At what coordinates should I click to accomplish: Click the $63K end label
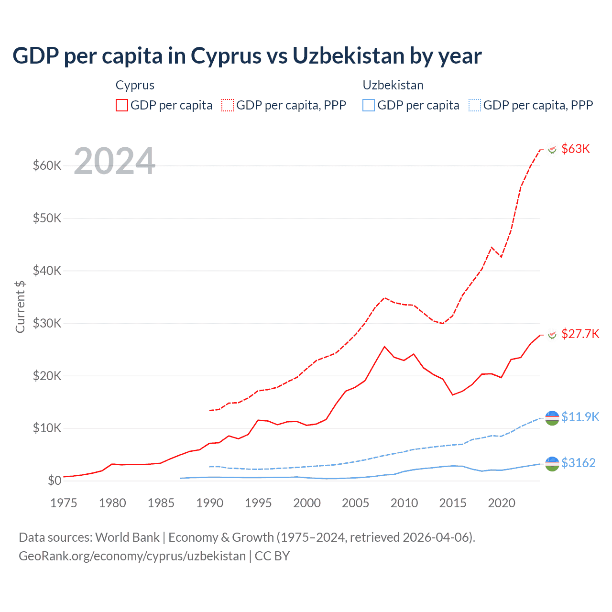pyautogui.click(x=576, y=149)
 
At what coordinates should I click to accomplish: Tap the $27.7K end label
pyautogui.click(x=580, y=334)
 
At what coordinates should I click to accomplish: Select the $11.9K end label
pyautogui.click(x=580, y=417)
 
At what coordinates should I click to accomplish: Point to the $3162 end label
pyautogui.click(x=578, y=463)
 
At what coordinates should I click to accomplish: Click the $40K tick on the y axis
pyautogui.click(x=47, y=271)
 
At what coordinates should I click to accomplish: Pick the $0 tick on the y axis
pyautogui.click(x=55, y=481)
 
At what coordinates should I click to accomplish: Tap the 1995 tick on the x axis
pyautogui.click(x=258, y=503)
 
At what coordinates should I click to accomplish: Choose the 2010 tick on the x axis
pyautogui.click(x=404, y=503)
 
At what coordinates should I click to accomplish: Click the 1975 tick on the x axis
pyautogui.click(x=64, y=503)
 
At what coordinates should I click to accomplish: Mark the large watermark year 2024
pyautogui.click(x=115, y=161)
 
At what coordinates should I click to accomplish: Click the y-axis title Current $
pyautogui.click(x=20, y=306)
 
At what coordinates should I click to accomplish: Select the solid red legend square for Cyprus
pyautogui.click(x=122, y=105)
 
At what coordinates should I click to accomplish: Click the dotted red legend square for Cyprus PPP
pyautogui.click(x=228, y=105)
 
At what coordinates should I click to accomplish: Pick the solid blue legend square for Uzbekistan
pyautogui.click(x=369, y=105)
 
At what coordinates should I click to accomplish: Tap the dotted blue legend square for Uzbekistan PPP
pyautogui.click(x=475, y=105)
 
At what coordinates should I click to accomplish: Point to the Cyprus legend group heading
pyautogui.click(x=135, y=85)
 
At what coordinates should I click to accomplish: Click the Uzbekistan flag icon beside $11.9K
pyautogui.click(x=552, y=417)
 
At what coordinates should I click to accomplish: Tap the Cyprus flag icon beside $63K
pyautogui.click(x=552, y=150)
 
